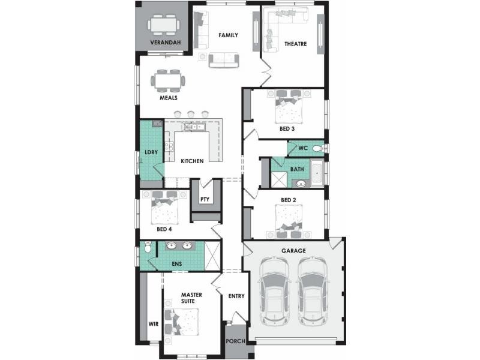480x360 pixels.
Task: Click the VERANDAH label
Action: (166, 43)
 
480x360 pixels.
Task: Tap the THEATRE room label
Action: (295, 44)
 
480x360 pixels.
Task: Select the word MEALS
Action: (169, 98)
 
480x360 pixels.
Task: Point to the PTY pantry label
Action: (205, 199)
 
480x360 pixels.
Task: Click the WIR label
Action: (154, 323)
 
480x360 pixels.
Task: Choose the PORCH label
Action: (235, 341)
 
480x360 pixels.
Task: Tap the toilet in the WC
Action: (319, 148)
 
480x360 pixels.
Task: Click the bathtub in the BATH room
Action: (317, 173)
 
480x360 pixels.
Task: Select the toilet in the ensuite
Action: (148, 247)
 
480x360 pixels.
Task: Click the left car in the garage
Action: (274, 291)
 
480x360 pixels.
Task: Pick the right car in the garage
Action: (313, 291)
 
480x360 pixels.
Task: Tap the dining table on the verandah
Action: (163, 25)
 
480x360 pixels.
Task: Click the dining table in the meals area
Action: (168, 81)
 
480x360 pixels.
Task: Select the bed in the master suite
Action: (182, 322)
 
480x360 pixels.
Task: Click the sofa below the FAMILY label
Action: (224, 60)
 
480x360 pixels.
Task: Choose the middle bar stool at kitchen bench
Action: (191, 114)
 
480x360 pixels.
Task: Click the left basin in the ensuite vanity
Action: (171, 245)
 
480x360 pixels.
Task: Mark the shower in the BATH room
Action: (280, 179)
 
